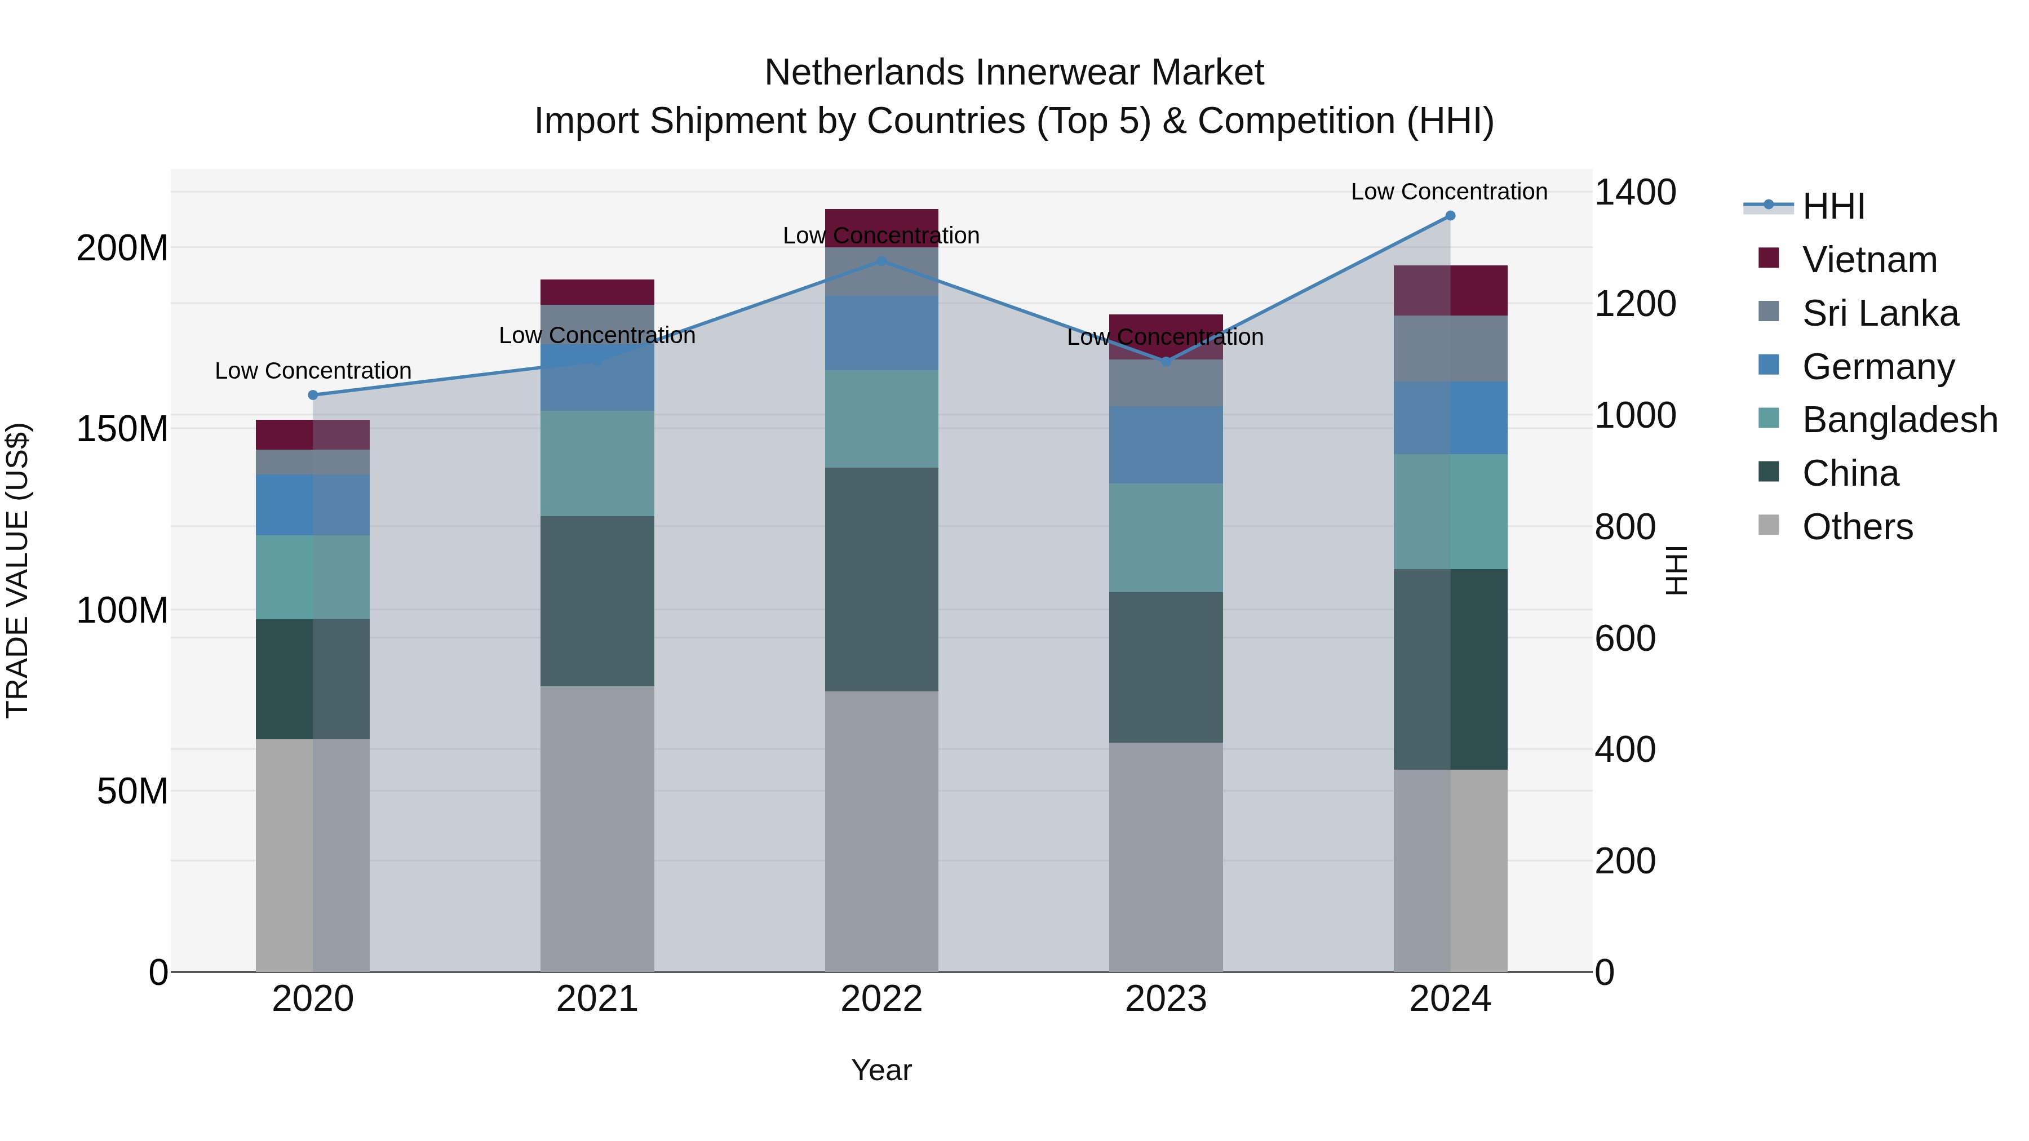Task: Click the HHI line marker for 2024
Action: (1450, 216)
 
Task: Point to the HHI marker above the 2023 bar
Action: (1166, 361)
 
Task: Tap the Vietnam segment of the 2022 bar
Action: (881, 220)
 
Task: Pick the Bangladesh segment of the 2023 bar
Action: (1166, 538)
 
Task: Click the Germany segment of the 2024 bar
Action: (1450, 418)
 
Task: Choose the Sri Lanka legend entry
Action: (1879, 313)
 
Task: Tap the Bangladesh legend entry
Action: (1899, 420)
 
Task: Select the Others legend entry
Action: (1857, 527)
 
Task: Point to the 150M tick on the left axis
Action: (122, 429)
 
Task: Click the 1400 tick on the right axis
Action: (1635, 192)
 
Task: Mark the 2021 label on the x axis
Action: (597, 999)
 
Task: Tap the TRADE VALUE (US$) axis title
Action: (17, 570)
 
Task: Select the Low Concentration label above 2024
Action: (1449, 192)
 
